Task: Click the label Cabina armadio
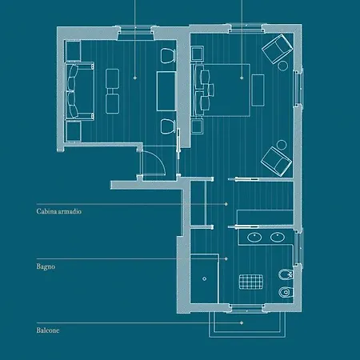pos(59,211)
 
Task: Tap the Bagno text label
pos(46,266)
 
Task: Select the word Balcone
pos(48,330)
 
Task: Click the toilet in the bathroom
pos(286,292)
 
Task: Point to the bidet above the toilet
pos(286,274)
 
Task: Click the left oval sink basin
pos(254,237)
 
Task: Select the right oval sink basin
pos(278,237)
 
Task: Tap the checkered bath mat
pos(251,282)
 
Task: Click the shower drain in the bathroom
pos(204,278)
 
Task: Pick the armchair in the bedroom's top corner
pos(277,48)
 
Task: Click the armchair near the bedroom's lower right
pos(276,162)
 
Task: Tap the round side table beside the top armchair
pos(283,66)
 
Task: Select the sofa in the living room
pos(79,90)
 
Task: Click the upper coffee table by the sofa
pos(113,78)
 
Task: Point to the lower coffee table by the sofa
pos(113,104)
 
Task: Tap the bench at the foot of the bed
pos(258,90)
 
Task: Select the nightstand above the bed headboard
pos(198,54)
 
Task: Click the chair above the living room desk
pos(168,56)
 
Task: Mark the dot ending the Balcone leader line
pos(242,323)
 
